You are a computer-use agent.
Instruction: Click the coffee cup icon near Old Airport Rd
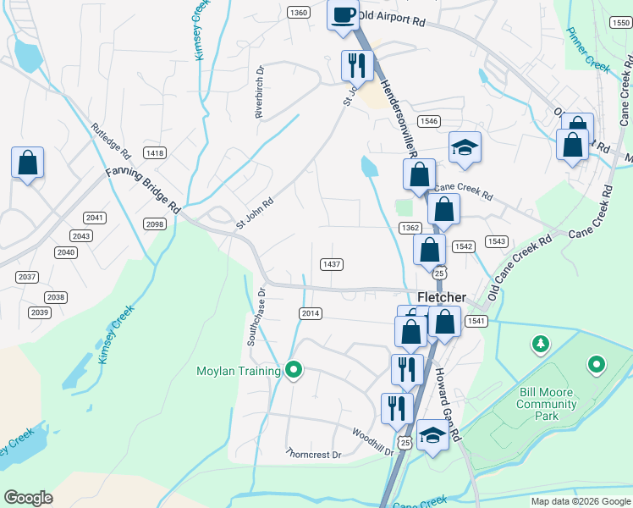coord(343,15)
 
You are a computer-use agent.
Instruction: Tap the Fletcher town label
coord(441,297)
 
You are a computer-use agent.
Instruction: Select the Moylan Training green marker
coord(294,370)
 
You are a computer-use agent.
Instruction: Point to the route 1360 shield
coord(297,13)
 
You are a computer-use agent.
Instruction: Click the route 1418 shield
coord(155,153)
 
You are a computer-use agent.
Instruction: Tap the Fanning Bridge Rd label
coord(143,189)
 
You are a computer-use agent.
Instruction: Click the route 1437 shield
coord(332,264)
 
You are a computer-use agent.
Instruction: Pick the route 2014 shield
coord(311,313)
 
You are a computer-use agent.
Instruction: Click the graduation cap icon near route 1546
coord(465,147)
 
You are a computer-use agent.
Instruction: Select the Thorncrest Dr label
coord(313,455)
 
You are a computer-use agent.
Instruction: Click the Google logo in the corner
coord(28,498)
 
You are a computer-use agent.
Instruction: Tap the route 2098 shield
coord(155,224)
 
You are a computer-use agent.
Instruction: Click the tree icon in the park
coord(540,344)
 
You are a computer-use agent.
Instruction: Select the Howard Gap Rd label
coord(447,405)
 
